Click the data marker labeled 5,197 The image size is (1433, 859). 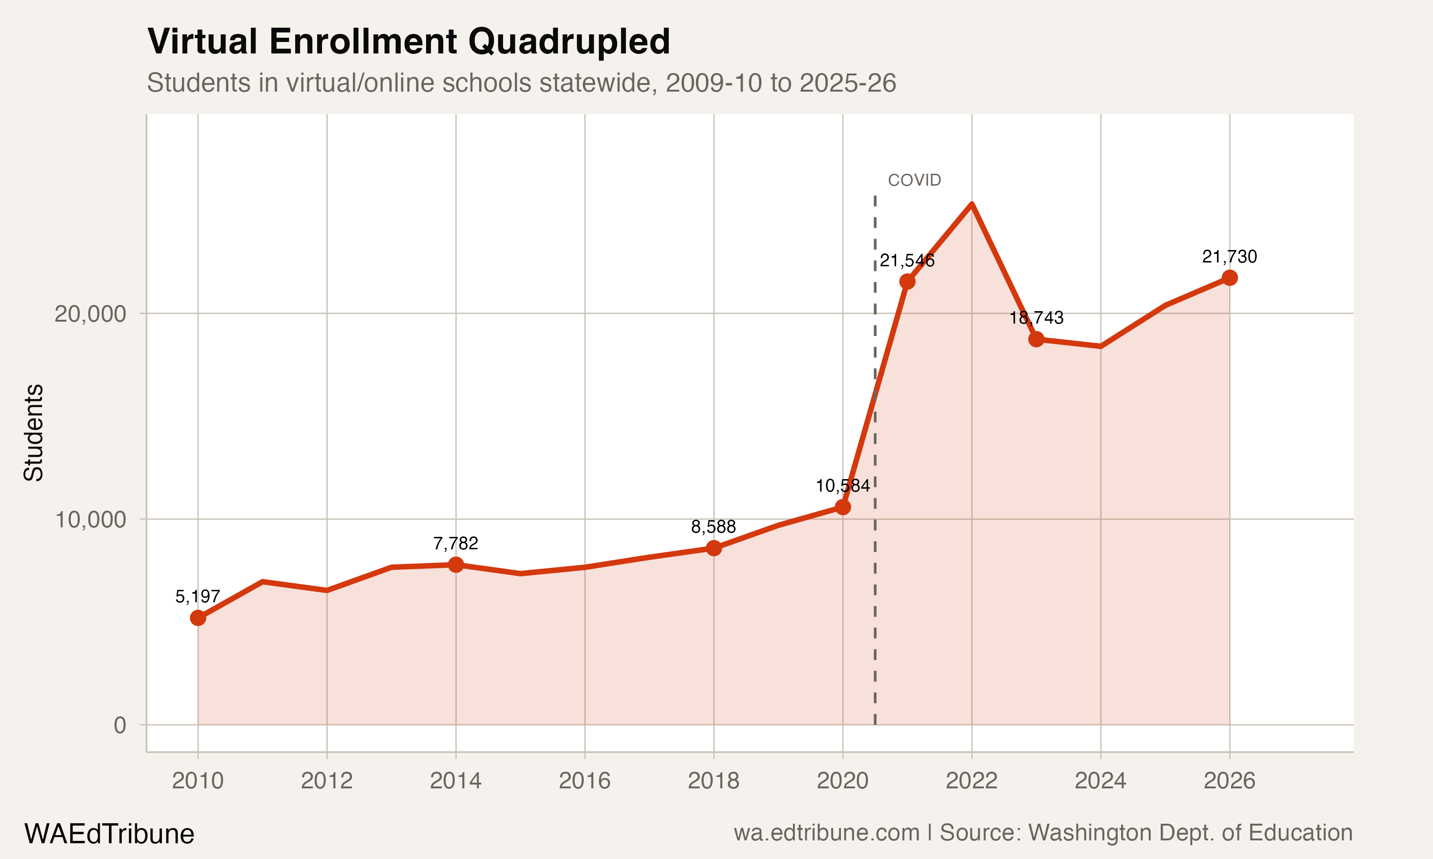coord(198,618)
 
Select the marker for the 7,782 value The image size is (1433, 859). coord(456,565)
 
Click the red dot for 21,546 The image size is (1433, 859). coord(907,281)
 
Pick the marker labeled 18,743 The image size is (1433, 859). coord(1036,339)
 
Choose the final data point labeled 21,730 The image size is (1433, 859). coord(1229,278)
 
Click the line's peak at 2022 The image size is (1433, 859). coord(972,204)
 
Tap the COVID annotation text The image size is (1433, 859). coord(914,180)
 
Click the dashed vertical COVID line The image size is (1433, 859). coord(875,579)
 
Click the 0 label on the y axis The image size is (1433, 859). coord(119,725)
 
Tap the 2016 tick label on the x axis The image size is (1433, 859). coord(585,781)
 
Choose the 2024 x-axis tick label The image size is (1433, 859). coord(1100,781)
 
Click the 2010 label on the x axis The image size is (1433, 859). coord(198,781)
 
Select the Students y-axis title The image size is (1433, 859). coord(33,432)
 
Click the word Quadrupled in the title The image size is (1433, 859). coord(569,42)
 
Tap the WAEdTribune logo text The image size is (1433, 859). coord(109,834)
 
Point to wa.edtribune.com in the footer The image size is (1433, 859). coord(826,833)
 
